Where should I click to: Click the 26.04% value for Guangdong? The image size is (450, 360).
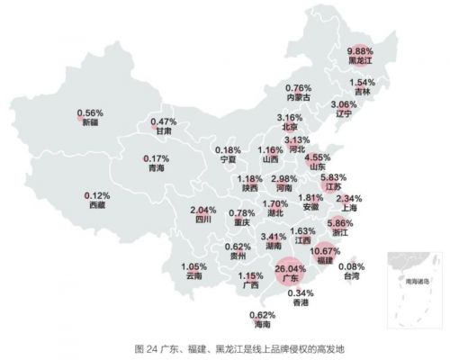tap(291, 268)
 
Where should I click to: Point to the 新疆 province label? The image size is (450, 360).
tap(90, 123)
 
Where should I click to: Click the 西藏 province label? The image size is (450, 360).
tap(97, 205)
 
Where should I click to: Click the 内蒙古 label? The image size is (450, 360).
tap(299, 96)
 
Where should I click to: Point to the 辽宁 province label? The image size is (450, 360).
tap(340, 114)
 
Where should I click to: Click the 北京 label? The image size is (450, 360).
tap(289, 127)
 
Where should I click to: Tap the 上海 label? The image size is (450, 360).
tap(347, 208)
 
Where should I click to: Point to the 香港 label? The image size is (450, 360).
tap(301, 303)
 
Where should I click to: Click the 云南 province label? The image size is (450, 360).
tap(195, 276)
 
